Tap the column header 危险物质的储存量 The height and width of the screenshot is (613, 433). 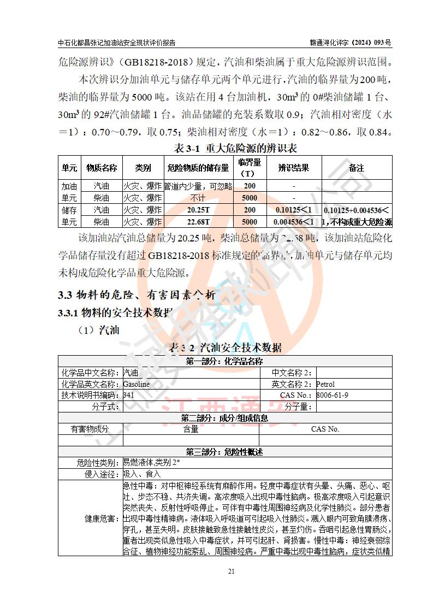pos(198,168)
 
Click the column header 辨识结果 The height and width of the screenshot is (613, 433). pos(294,168)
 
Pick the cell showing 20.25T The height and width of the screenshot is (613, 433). pos(198,210)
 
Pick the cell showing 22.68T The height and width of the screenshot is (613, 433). pos(198,222)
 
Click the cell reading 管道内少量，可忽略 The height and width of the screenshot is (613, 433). pos(198,186)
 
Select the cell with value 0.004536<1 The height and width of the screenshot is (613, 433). pos(294,222)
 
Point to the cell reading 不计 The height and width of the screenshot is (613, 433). pos(198,198)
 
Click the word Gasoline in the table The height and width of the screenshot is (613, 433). pos(137,384)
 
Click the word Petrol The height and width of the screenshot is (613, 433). pos(325,384)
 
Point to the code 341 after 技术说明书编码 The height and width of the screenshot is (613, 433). pos(128,395)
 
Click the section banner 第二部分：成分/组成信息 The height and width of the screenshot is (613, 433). pos(224,418)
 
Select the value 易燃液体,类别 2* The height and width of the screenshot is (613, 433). pos(151,463)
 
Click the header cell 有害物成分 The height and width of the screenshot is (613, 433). pos(90,429)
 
